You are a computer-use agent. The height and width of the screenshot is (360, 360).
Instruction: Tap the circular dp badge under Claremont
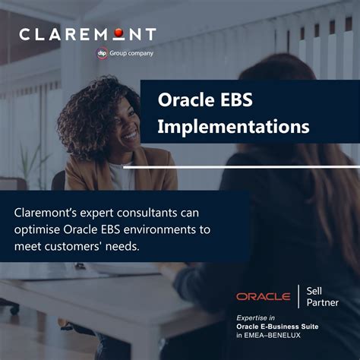pyautogui.click(x=102, y=53)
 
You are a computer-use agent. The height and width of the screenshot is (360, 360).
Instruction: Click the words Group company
pyautogui.click(x=131, y=53)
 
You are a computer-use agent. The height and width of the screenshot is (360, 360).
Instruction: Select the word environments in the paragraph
pyautogui.click(x=157, y=229)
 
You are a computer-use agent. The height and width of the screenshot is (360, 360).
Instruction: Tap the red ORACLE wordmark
pyautogui.click(x=263, y=296)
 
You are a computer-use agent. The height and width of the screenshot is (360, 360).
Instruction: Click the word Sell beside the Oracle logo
pyautogui.click(x=315, y=290)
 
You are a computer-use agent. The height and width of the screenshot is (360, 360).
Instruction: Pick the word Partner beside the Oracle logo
pyautogui.click(x=323, y=303)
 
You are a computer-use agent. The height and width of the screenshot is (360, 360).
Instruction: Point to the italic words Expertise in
pyautogui.click(x=257, y=317)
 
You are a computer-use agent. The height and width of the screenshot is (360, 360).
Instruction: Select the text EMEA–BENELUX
pyautogui.click(x=279, y=335)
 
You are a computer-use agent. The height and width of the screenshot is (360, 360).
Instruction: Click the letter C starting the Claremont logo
pyautogui.click(x=26, y=34)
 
